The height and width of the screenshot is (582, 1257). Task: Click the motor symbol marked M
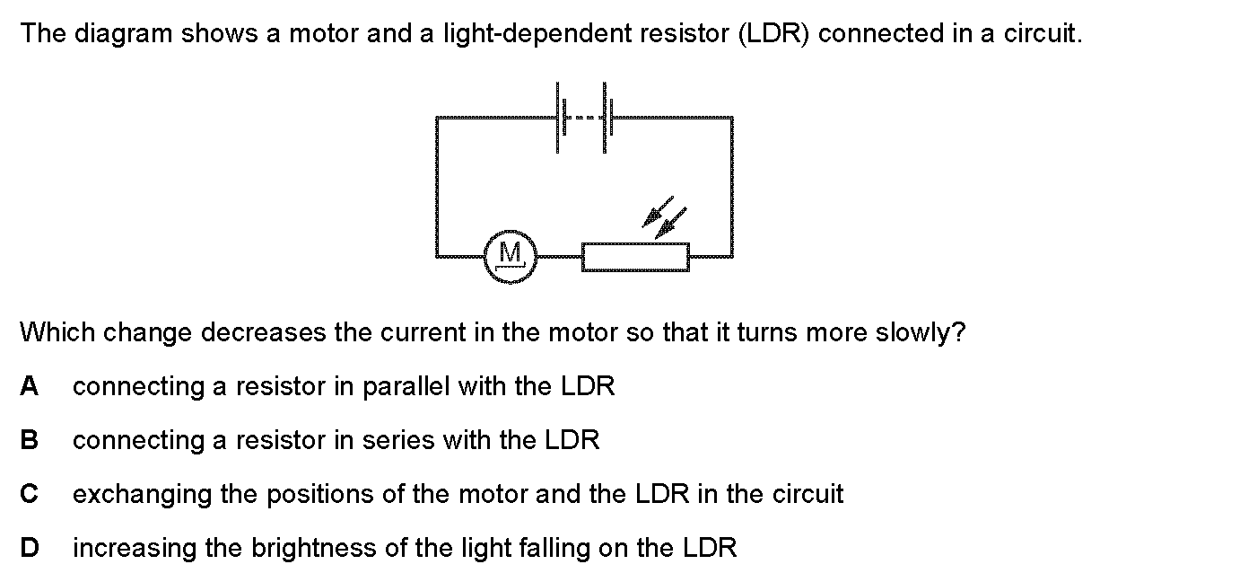[x=511, y=257]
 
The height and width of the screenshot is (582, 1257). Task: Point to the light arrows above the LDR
[x=664, y=217]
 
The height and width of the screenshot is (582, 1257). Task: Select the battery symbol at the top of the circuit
[x=584, y=118]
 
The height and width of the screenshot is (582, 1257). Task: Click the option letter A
[x=30, y=386]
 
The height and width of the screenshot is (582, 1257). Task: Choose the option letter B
[x=30, y=440]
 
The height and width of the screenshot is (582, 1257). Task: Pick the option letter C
[x=30, y=494]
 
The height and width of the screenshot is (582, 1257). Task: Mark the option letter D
[x=30, y=548]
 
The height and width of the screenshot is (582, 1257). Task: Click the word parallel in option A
[x=406, y=387]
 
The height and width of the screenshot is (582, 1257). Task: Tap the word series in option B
[x=397, y=440]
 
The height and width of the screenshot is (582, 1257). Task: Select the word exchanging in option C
[x=142, y=495]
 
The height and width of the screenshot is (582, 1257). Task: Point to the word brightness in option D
[x=313, y=548]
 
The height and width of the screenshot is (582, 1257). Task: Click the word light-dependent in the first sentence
[x=537, y=34]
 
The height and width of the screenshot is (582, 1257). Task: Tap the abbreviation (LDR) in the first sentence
[x=773, y=34]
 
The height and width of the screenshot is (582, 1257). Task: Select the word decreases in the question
[x=263, y=332]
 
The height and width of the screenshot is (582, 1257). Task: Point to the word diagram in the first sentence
[x=124, y=34]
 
